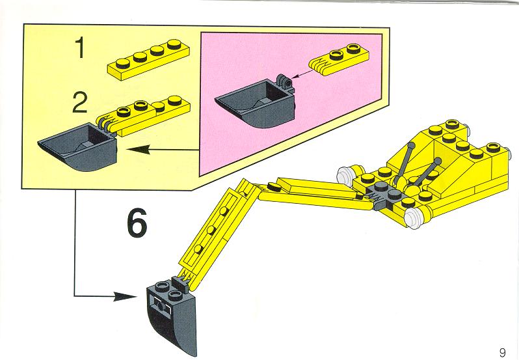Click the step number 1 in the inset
(80, 48)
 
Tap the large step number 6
(137, 223)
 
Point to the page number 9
(503, 353)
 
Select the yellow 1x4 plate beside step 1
(149, 60)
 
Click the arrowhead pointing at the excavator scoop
(125, 296)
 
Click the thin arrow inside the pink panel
(302, 74)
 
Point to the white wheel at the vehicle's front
(414, 219)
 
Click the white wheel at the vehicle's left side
(345, 176)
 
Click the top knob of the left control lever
(411, 145)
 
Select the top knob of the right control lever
(437, 161)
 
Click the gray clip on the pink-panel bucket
(285, 81)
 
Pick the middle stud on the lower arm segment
(211, 230)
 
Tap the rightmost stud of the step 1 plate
(174, 44)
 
